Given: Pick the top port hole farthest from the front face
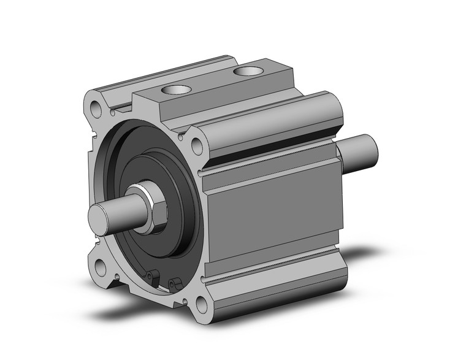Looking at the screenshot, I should pyautogui.click(x=248, y=72).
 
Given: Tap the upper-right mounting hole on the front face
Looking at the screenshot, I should pyautogui.click(x=197, y=145).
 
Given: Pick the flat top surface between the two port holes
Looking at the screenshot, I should pyautogui.click(x=212, y=83).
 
